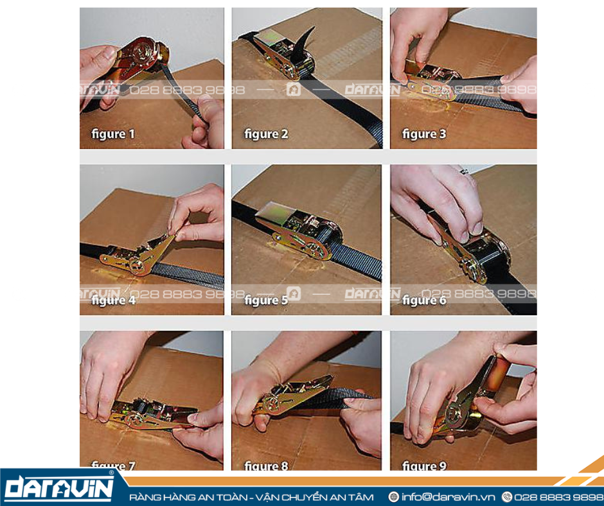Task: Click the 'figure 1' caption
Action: pos(113,134)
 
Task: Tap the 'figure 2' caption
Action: pos(265,134)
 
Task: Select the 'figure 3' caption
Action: pos(423,134)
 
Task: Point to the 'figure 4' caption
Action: pos(113,300)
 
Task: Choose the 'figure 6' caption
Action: pos(423,300)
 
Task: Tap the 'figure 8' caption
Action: pos(265,466)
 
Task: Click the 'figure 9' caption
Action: pos(423,466)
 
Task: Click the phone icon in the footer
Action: pos(507,497)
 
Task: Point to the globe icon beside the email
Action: pos(394,497)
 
